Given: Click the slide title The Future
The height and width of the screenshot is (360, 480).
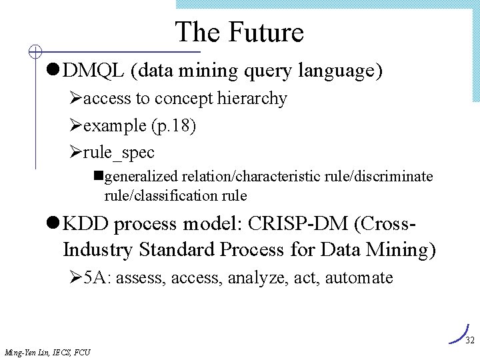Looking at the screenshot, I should tap(239, 32).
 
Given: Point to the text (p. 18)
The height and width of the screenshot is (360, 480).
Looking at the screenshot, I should tap(173, 125).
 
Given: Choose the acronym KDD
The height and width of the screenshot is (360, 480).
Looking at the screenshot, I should tap(86, 223).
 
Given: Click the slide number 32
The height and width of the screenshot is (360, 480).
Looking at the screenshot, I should tap(469, 341).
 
